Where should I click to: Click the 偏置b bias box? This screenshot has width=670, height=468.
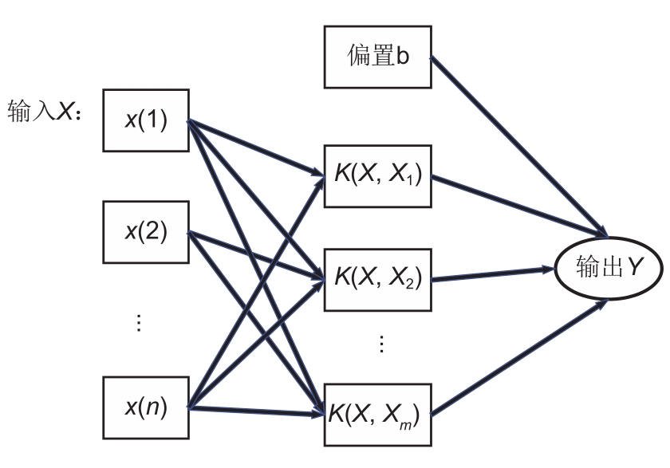(377, 57)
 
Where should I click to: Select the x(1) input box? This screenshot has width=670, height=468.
(145, 121)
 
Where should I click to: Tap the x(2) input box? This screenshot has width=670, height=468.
(145, 232)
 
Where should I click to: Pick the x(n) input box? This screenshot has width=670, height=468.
(145, 407)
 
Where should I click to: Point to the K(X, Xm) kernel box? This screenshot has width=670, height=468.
(376, 414)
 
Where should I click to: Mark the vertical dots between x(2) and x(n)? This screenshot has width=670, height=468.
(138, 323)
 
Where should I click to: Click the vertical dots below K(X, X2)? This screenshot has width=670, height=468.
(380, 344)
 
